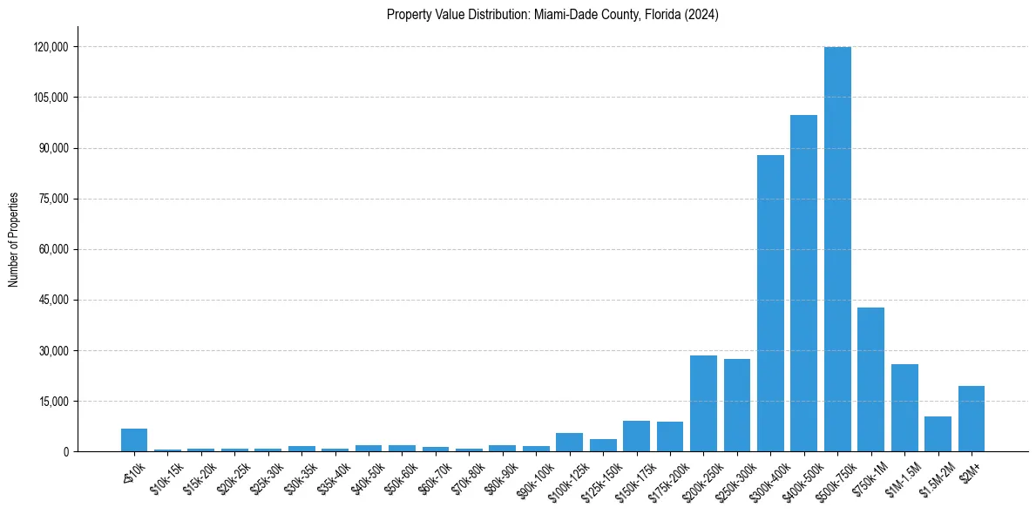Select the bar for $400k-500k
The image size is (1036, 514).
803,283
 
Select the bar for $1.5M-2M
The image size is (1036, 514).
938,434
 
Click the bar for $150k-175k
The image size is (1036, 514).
636,436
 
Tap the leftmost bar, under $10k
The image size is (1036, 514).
134,441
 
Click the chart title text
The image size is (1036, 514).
552,15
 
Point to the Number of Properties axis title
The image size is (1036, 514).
14,239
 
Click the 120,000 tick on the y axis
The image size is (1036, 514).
51,46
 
